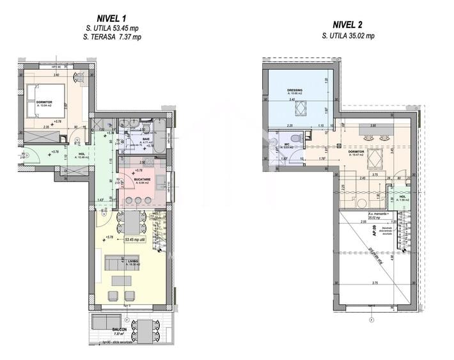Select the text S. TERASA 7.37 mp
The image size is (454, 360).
point(113,37)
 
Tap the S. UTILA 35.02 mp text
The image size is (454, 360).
point(348,37)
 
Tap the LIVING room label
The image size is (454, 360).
point(115,260)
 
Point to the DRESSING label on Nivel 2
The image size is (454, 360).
point(294,91)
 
